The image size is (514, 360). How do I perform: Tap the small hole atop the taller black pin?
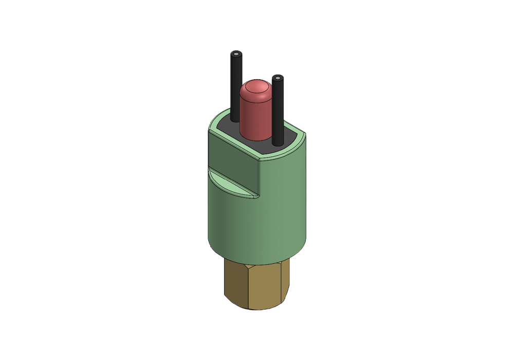(235, 54)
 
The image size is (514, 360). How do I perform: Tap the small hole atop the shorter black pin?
(278, 78)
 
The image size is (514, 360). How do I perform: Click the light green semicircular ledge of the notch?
(229, 184)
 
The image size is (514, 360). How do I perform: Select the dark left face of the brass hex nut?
(235, 283)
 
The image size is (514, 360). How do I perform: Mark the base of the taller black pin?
(235, 119)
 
